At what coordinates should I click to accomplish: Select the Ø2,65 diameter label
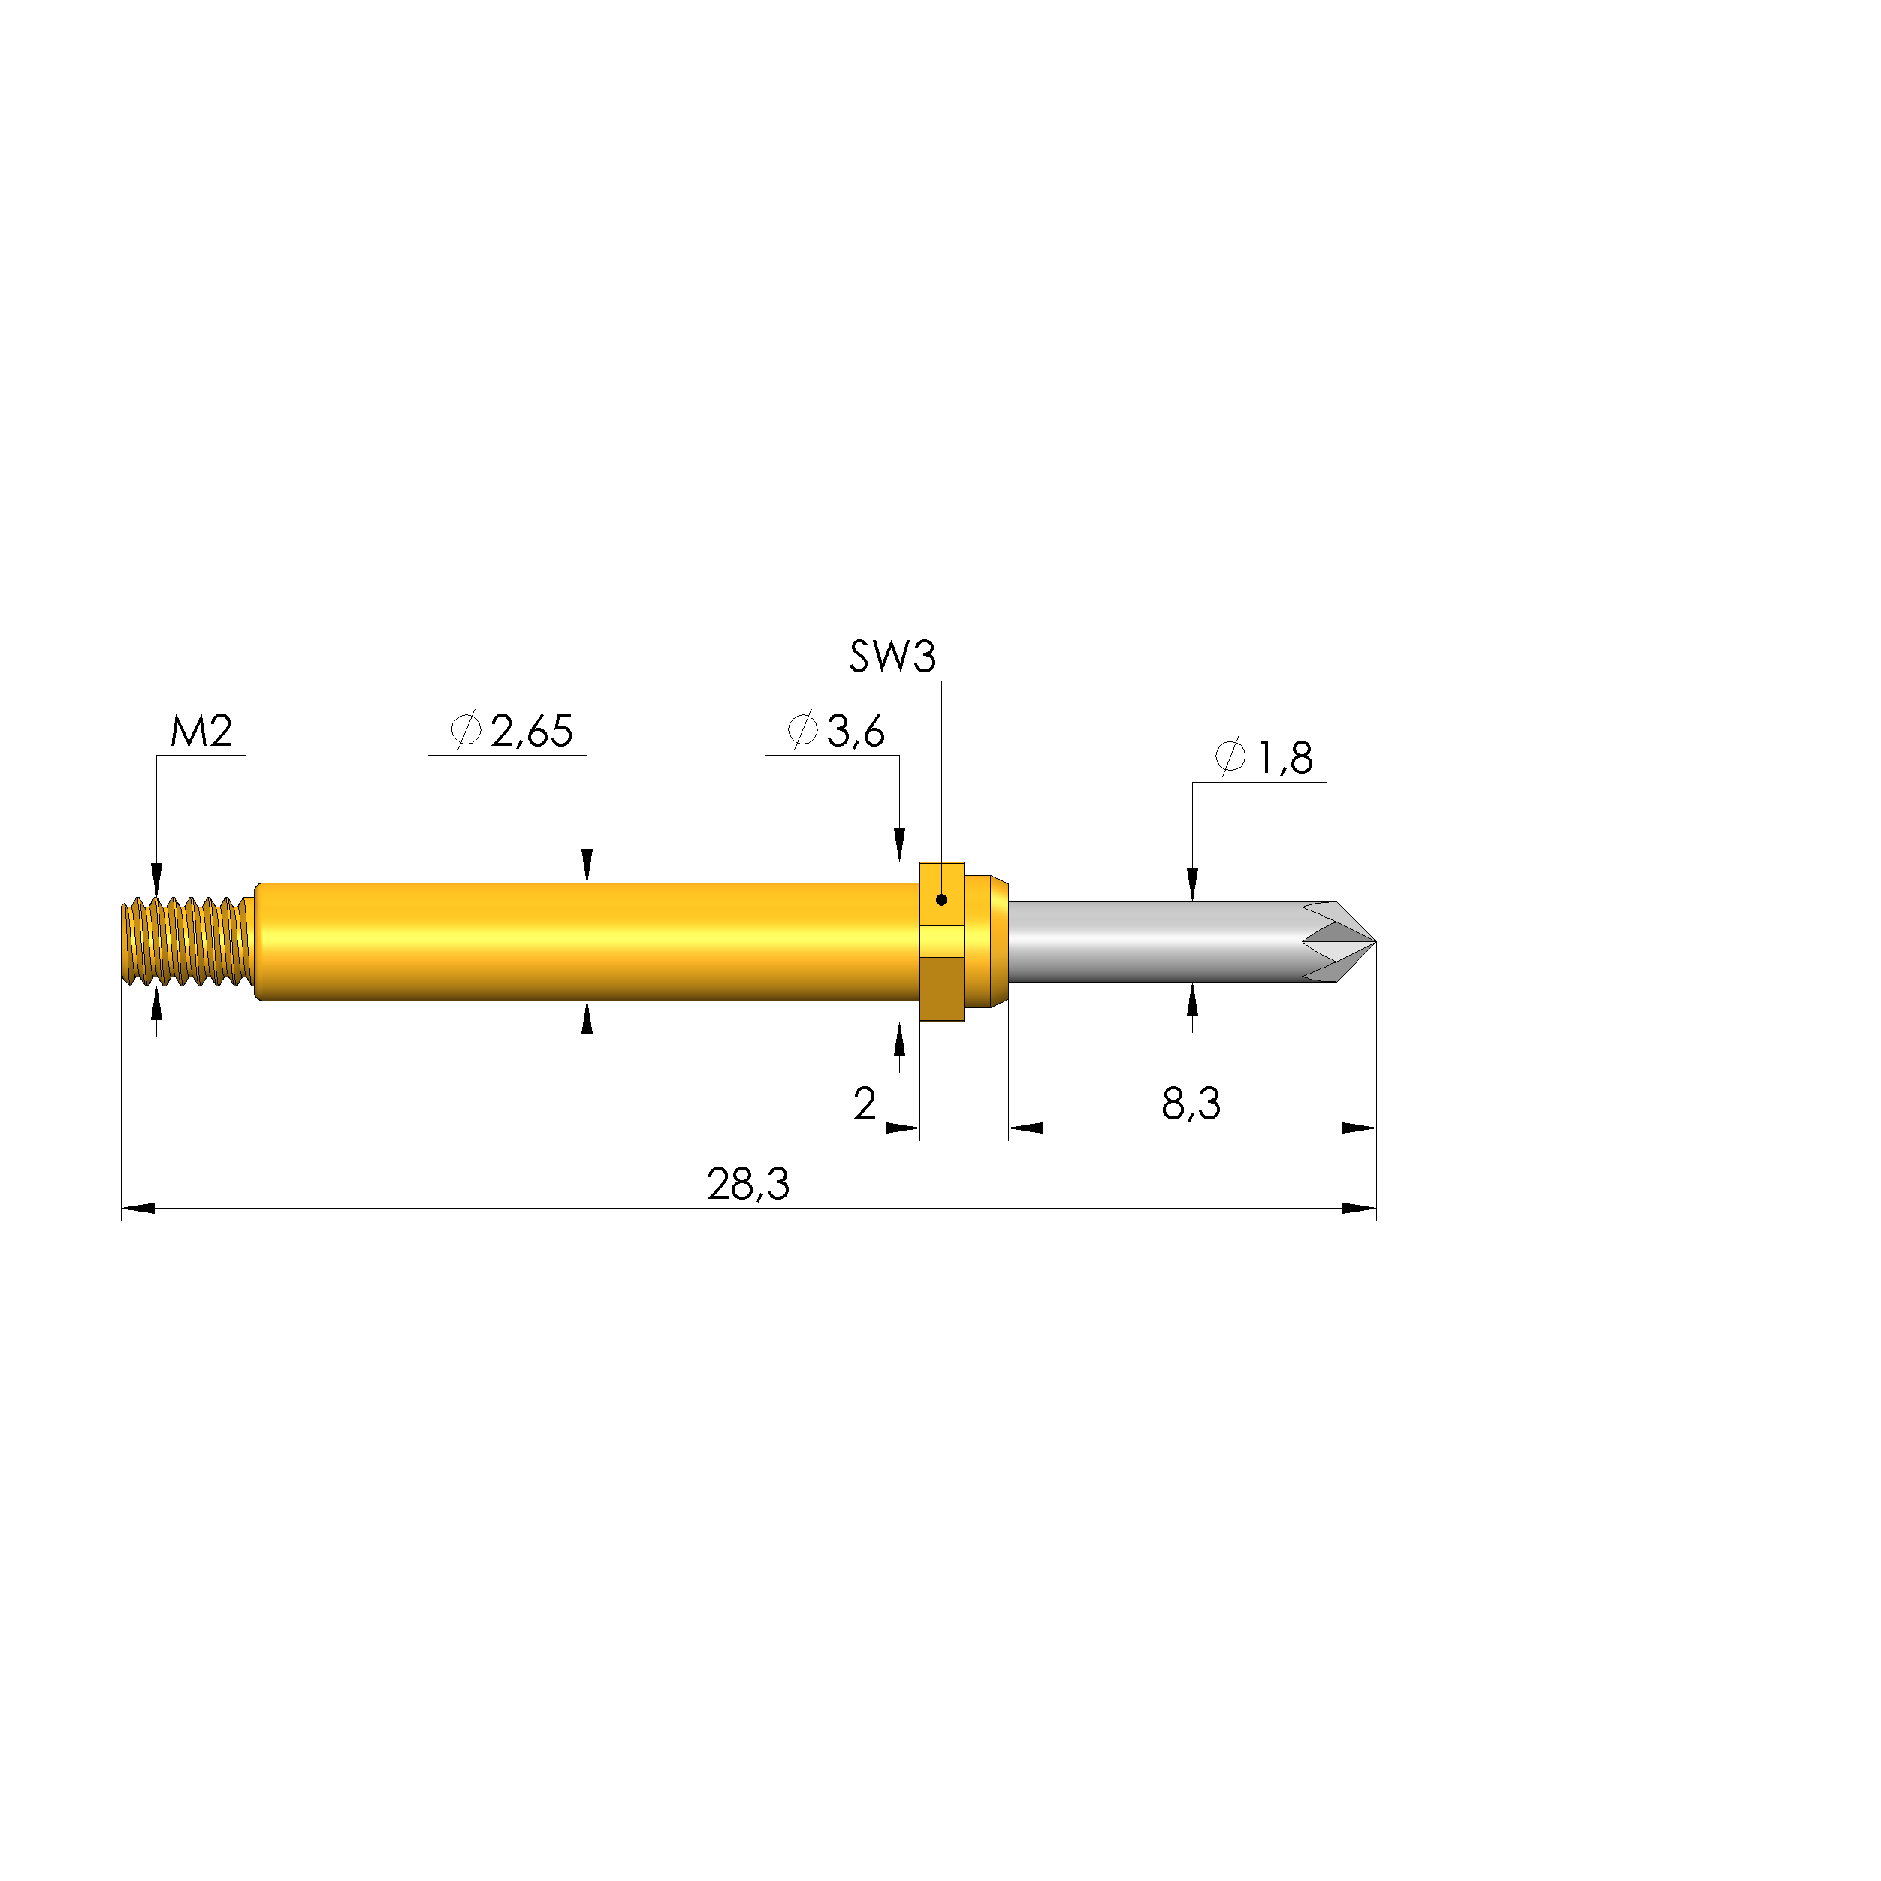point(512,731)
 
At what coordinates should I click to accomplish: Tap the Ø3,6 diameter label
point(836,731)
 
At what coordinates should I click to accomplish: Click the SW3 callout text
point(892,657)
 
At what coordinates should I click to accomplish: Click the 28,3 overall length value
point(747,1185)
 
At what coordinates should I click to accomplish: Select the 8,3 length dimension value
point(1191,1104)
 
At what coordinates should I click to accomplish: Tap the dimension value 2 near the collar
point(864,1104)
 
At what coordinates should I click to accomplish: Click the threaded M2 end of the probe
point(185,941)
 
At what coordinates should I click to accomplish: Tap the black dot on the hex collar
point(941,900)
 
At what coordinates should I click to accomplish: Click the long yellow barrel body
point(584,941)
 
